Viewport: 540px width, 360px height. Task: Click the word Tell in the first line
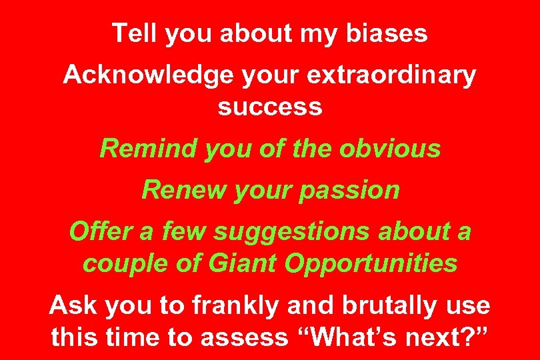tap(130, 33)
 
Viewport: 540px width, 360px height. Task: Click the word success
tap(270, 106)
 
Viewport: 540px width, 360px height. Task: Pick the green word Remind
tap(149, 149)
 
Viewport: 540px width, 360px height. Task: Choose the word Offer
tap(97, 232)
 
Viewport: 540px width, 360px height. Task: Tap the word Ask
tap(71, 306)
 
